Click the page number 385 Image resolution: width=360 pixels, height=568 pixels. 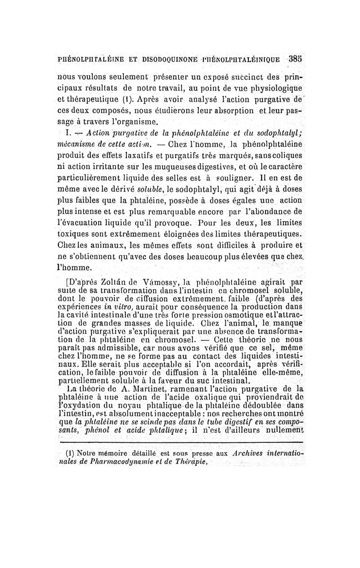[x=295, y=58]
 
